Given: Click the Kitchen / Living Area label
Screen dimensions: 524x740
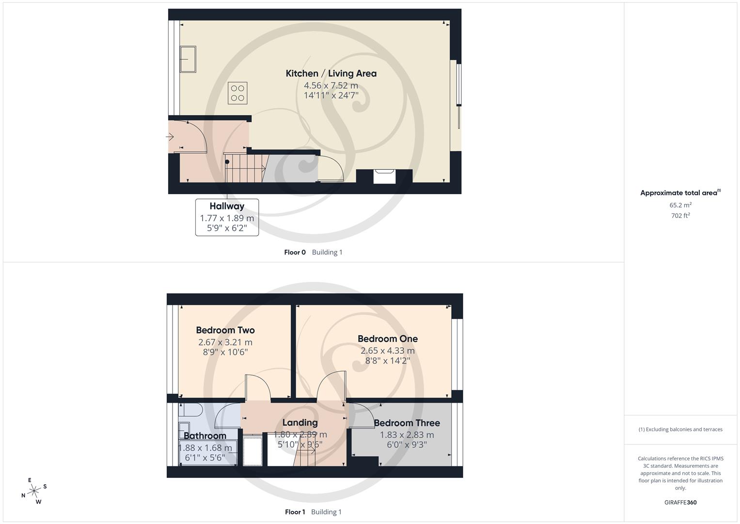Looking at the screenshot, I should point(331,73).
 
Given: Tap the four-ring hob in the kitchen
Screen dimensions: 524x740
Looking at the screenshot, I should point(237,93).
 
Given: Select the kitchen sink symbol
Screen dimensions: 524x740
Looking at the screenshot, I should point(188,59).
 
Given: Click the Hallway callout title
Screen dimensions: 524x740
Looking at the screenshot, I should point(227,206).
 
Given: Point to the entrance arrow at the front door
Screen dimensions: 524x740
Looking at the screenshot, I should point(170,137).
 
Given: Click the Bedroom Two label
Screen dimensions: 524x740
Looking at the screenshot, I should point(225,330).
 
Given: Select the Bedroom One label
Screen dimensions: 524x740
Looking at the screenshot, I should point(388,339).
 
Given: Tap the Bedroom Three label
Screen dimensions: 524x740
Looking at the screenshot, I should point(407,423).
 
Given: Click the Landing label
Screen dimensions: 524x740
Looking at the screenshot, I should point(300,423).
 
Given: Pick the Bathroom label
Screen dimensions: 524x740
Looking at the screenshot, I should point(205,436).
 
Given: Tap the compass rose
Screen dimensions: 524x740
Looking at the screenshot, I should point(34,491).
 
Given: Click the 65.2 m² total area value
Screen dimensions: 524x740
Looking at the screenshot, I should point(680,205).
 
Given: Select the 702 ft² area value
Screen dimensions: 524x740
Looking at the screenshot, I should point(680,216).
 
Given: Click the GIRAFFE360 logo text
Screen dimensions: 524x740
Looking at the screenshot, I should point(680,502).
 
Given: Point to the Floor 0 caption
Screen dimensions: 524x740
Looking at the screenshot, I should point(295,252).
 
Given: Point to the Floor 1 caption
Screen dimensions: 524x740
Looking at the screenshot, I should point(295,512).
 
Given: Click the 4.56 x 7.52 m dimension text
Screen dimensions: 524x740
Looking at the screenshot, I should point(331,86).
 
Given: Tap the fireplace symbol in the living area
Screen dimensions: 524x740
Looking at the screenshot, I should point(384,176).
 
